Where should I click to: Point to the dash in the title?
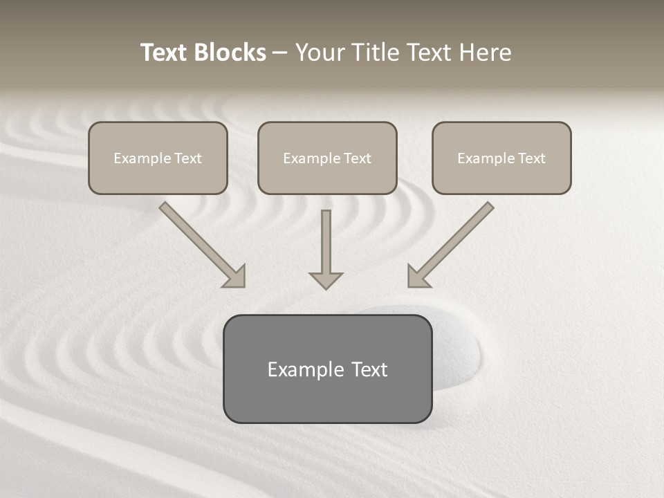[281, 53]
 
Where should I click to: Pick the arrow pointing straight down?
[326, 249]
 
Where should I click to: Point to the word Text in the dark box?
[369, 369]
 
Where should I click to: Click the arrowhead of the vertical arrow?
[326, 280]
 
